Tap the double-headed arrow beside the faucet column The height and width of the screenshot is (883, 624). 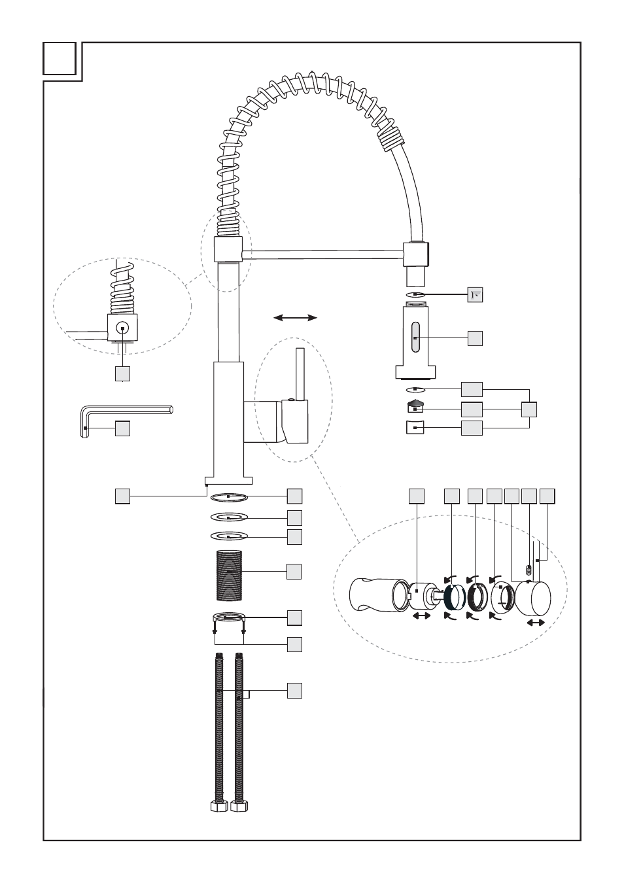tap(295, 318)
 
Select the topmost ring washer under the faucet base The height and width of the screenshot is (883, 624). tap(230, 496)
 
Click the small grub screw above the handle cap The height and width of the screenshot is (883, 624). tap(529, 570)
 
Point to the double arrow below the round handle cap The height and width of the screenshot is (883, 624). tap(536, 623)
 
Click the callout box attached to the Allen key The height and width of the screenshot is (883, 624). tap(122, 428)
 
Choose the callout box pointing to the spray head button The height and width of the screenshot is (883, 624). tap(475, 338)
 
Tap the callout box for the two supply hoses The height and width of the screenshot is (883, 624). tap(294, 691)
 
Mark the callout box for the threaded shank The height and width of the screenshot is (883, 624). tap(294, 571)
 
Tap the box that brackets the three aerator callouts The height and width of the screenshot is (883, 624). tap(529, 409)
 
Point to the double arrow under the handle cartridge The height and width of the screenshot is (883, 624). tap(421, 616)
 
